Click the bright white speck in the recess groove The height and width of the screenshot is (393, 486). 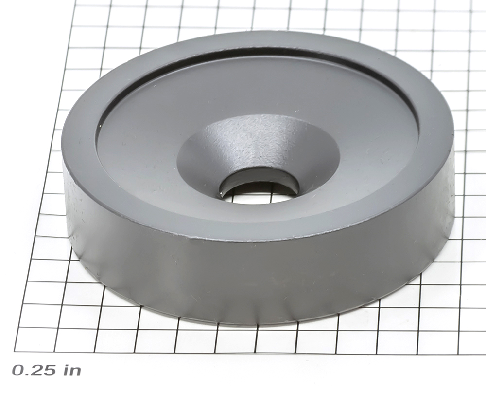(100, 126)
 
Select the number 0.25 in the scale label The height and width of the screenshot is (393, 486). (34, 370)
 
